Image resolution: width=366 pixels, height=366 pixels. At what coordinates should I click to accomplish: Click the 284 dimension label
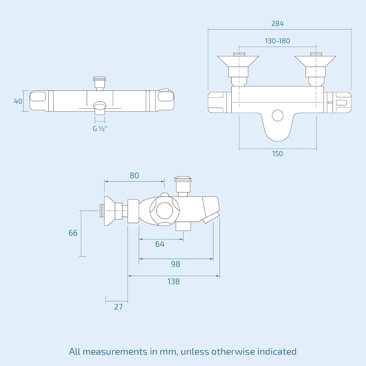coord(277,23)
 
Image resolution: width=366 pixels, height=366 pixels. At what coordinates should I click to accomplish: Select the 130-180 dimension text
coord(277,41)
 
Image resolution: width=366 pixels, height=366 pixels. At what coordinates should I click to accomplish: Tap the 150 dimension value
coord(277,154)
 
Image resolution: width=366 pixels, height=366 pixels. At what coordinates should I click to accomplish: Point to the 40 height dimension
coord(18,101)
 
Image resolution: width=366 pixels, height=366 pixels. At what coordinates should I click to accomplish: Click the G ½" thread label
coord(100,128)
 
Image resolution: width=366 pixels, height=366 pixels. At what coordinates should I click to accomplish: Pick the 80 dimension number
coord(134,175)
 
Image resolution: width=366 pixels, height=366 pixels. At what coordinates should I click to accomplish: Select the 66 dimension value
coord(73,233)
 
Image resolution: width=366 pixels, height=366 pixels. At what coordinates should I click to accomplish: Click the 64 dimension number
coord(160,244)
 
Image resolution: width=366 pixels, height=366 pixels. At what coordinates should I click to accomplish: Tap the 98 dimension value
coord(176,264)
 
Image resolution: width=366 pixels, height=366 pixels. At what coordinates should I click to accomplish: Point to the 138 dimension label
coord(173,281)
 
